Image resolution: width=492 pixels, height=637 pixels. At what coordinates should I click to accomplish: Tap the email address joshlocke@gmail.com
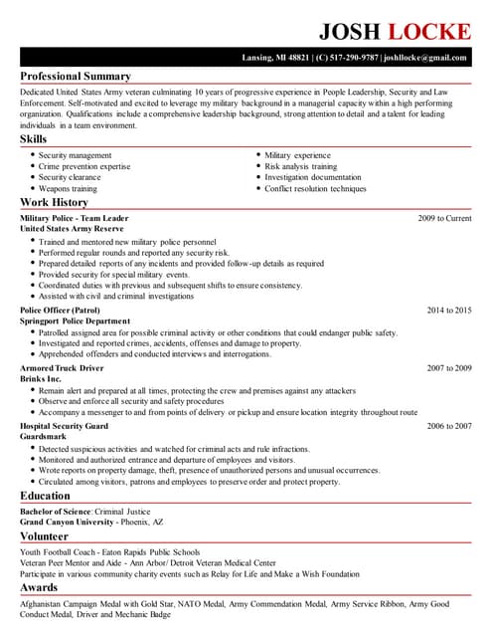pyautogui.click(x=427, y=58)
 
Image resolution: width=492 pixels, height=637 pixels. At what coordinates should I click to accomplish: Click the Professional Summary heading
pyautogui.click(x=76, y=77)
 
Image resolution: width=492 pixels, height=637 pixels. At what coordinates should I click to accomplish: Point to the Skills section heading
pyautogui.click(x=33, y=139)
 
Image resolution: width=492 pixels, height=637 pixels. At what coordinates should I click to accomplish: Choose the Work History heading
pyautogui.click(x=55, y=203)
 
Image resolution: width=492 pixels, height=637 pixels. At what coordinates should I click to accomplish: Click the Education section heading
pyautogui.click(x=45, y=495)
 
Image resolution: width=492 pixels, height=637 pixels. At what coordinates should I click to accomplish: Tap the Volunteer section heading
pyautogui.click(x=45, y=535)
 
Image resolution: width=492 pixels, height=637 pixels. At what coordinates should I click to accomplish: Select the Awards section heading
pyautogui.click(x=39, y=588)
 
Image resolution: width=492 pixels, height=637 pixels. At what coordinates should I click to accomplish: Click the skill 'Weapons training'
pyautogui.click(x=68, y=188)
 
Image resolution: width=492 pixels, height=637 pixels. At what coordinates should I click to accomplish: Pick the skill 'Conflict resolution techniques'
pyautogui.click(x=315, y=188)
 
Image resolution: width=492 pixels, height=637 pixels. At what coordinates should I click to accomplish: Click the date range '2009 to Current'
pyautogui.click(x=444, y=218)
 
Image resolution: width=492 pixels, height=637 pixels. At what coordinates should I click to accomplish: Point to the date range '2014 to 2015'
pyautogui.click(x=449, y=311)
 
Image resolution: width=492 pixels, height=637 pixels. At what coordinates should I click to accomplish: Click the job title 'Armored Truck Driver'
pyautogui.click(x=62, y=368)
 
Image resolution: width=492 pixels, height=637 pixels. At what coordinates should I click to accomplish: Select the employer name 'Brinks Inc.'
pyautogui.click(x=41, y=379)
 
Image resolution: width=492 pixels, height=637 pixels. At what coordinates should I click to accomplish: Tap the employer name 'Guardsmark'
pyautogui.click(x=43, y=437)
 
